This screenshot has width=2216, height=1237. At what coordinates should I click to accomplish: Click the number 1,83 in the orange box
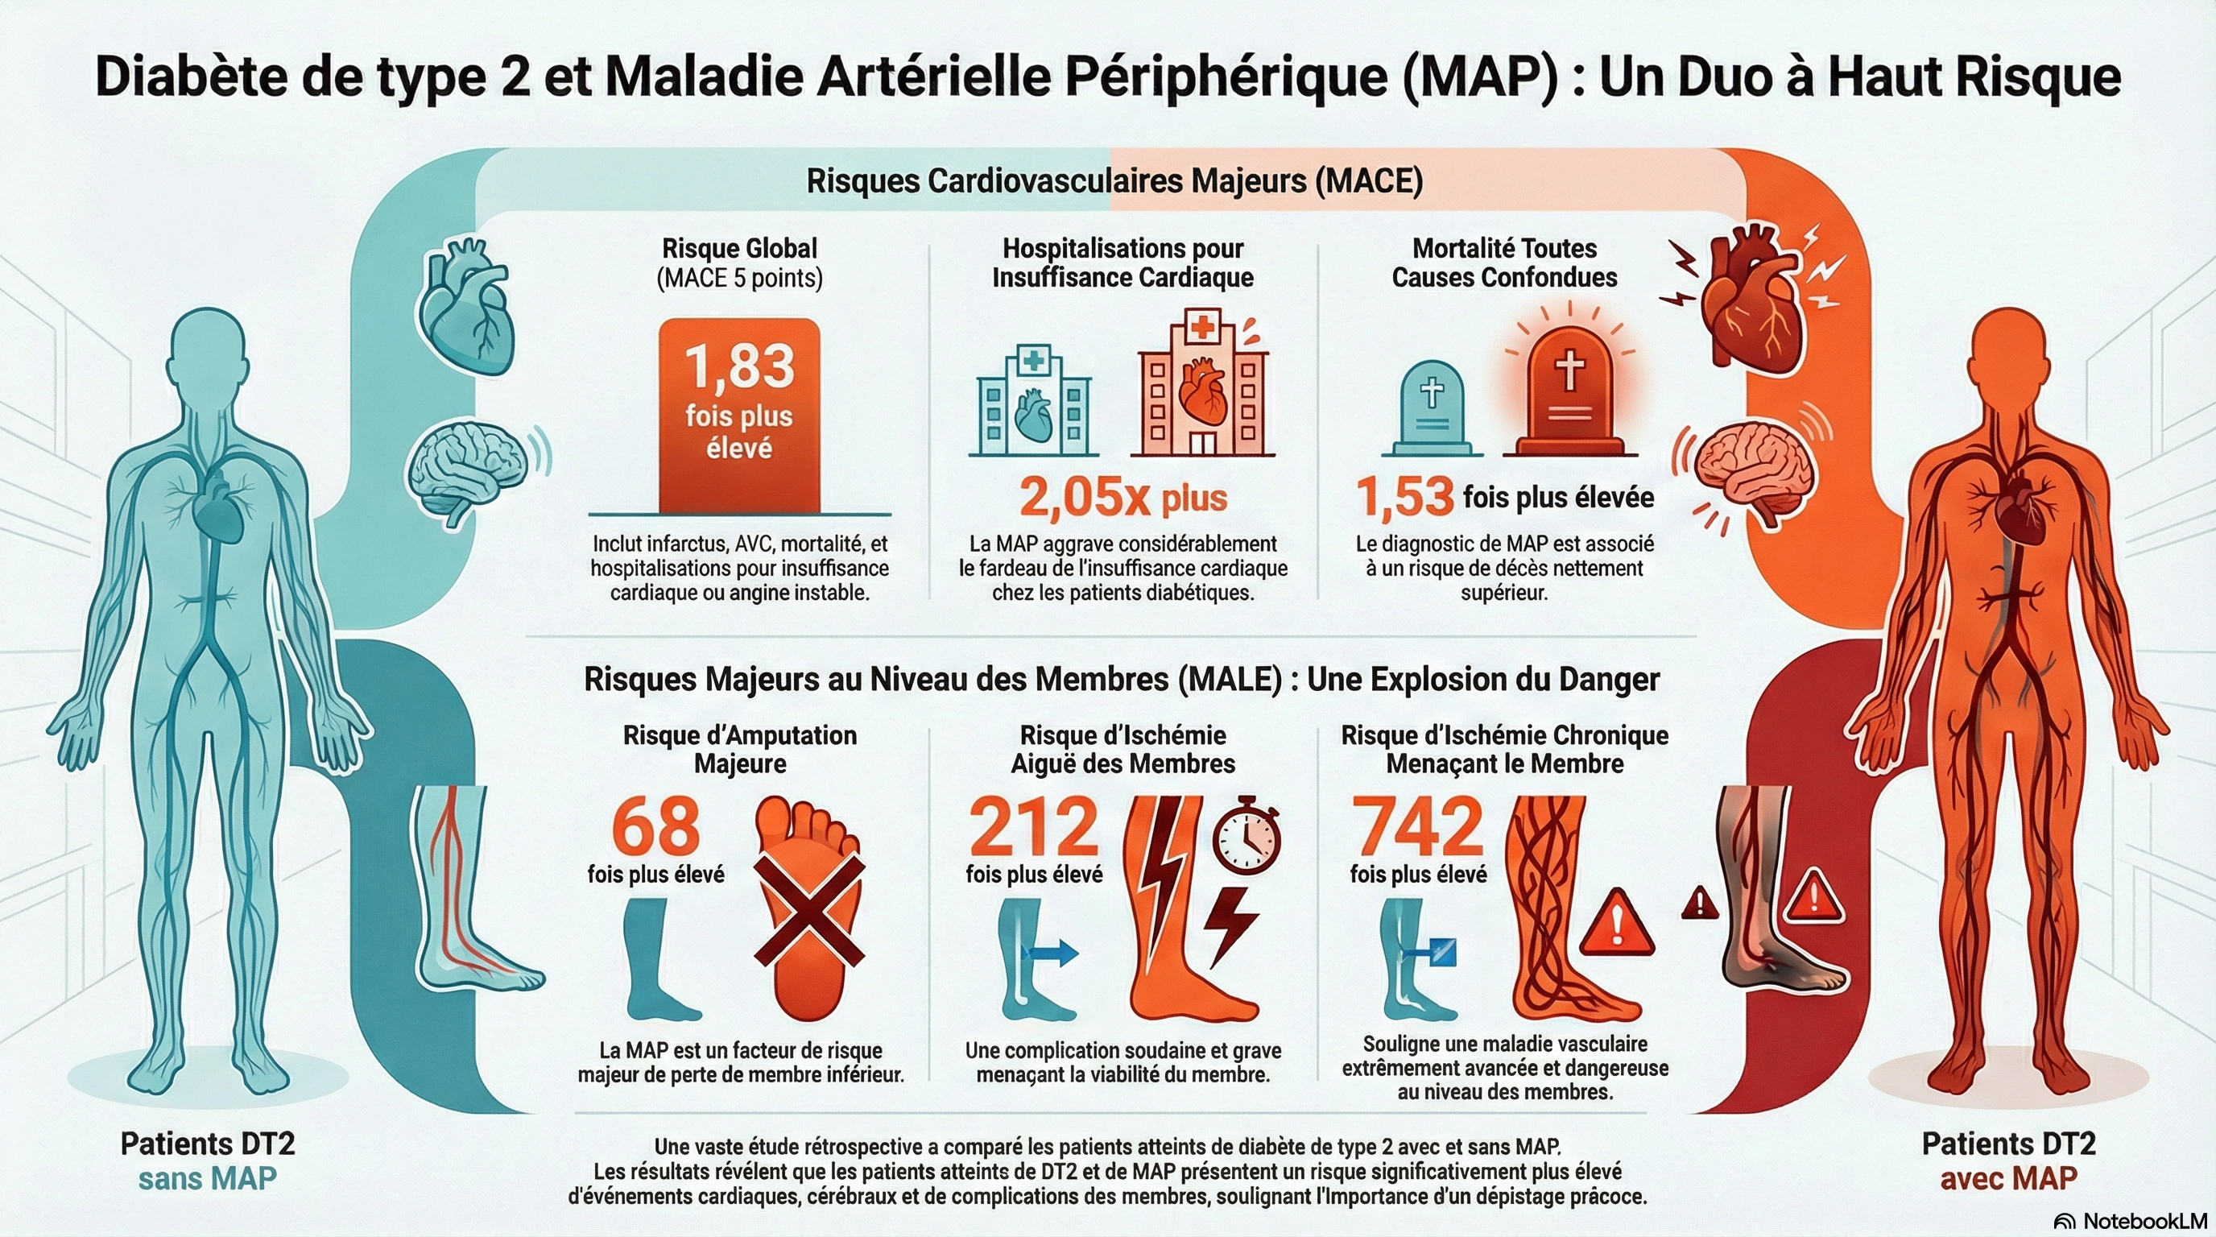(739, 366)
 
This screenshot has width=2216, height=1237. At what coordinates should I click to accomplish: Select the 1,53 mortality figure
(1405, 498)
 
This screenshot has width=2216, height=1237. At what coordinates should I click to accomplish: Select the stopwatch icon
(1246, 835)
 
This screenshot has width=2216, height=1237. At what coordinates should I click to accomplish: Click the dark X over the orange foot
(808, 910)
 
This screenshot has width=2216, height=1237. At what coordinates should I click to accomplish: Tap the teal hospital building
(1033, 401)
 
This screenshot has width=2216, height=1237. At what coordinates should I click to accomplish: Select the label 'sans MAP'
(207, 1178)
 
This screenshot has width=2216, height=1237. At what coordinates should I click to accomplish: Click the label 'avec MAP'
(2007, 1178)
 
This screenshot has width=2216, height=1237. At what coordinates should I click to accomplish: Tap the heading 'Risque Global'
(739, 249)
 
